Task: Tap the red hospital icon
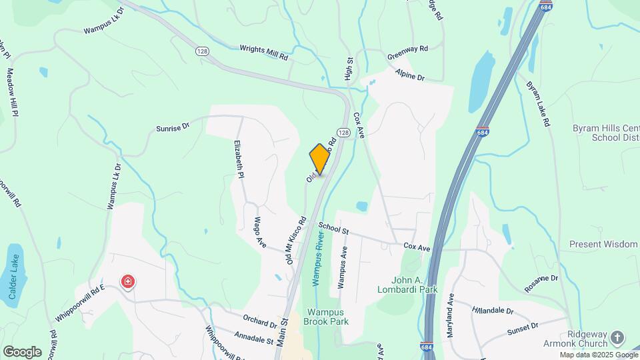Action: [x=127, y=283]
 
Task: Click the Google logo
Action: [x=22, y=351]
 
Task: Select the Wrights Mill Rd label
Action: [x=264, y=53]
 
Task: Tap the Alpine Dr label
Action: [x=409, y=74]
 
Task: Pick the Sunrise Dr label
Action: [x=173, y=126]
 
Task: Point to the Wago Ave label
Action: [x=259, y=232]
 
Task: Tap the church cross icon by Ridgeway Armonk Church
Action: [x=617, y=337]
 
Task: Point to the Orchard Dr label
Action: [x=260, y=321]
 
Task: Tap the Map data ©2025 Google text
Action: [x=599, y=355]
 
